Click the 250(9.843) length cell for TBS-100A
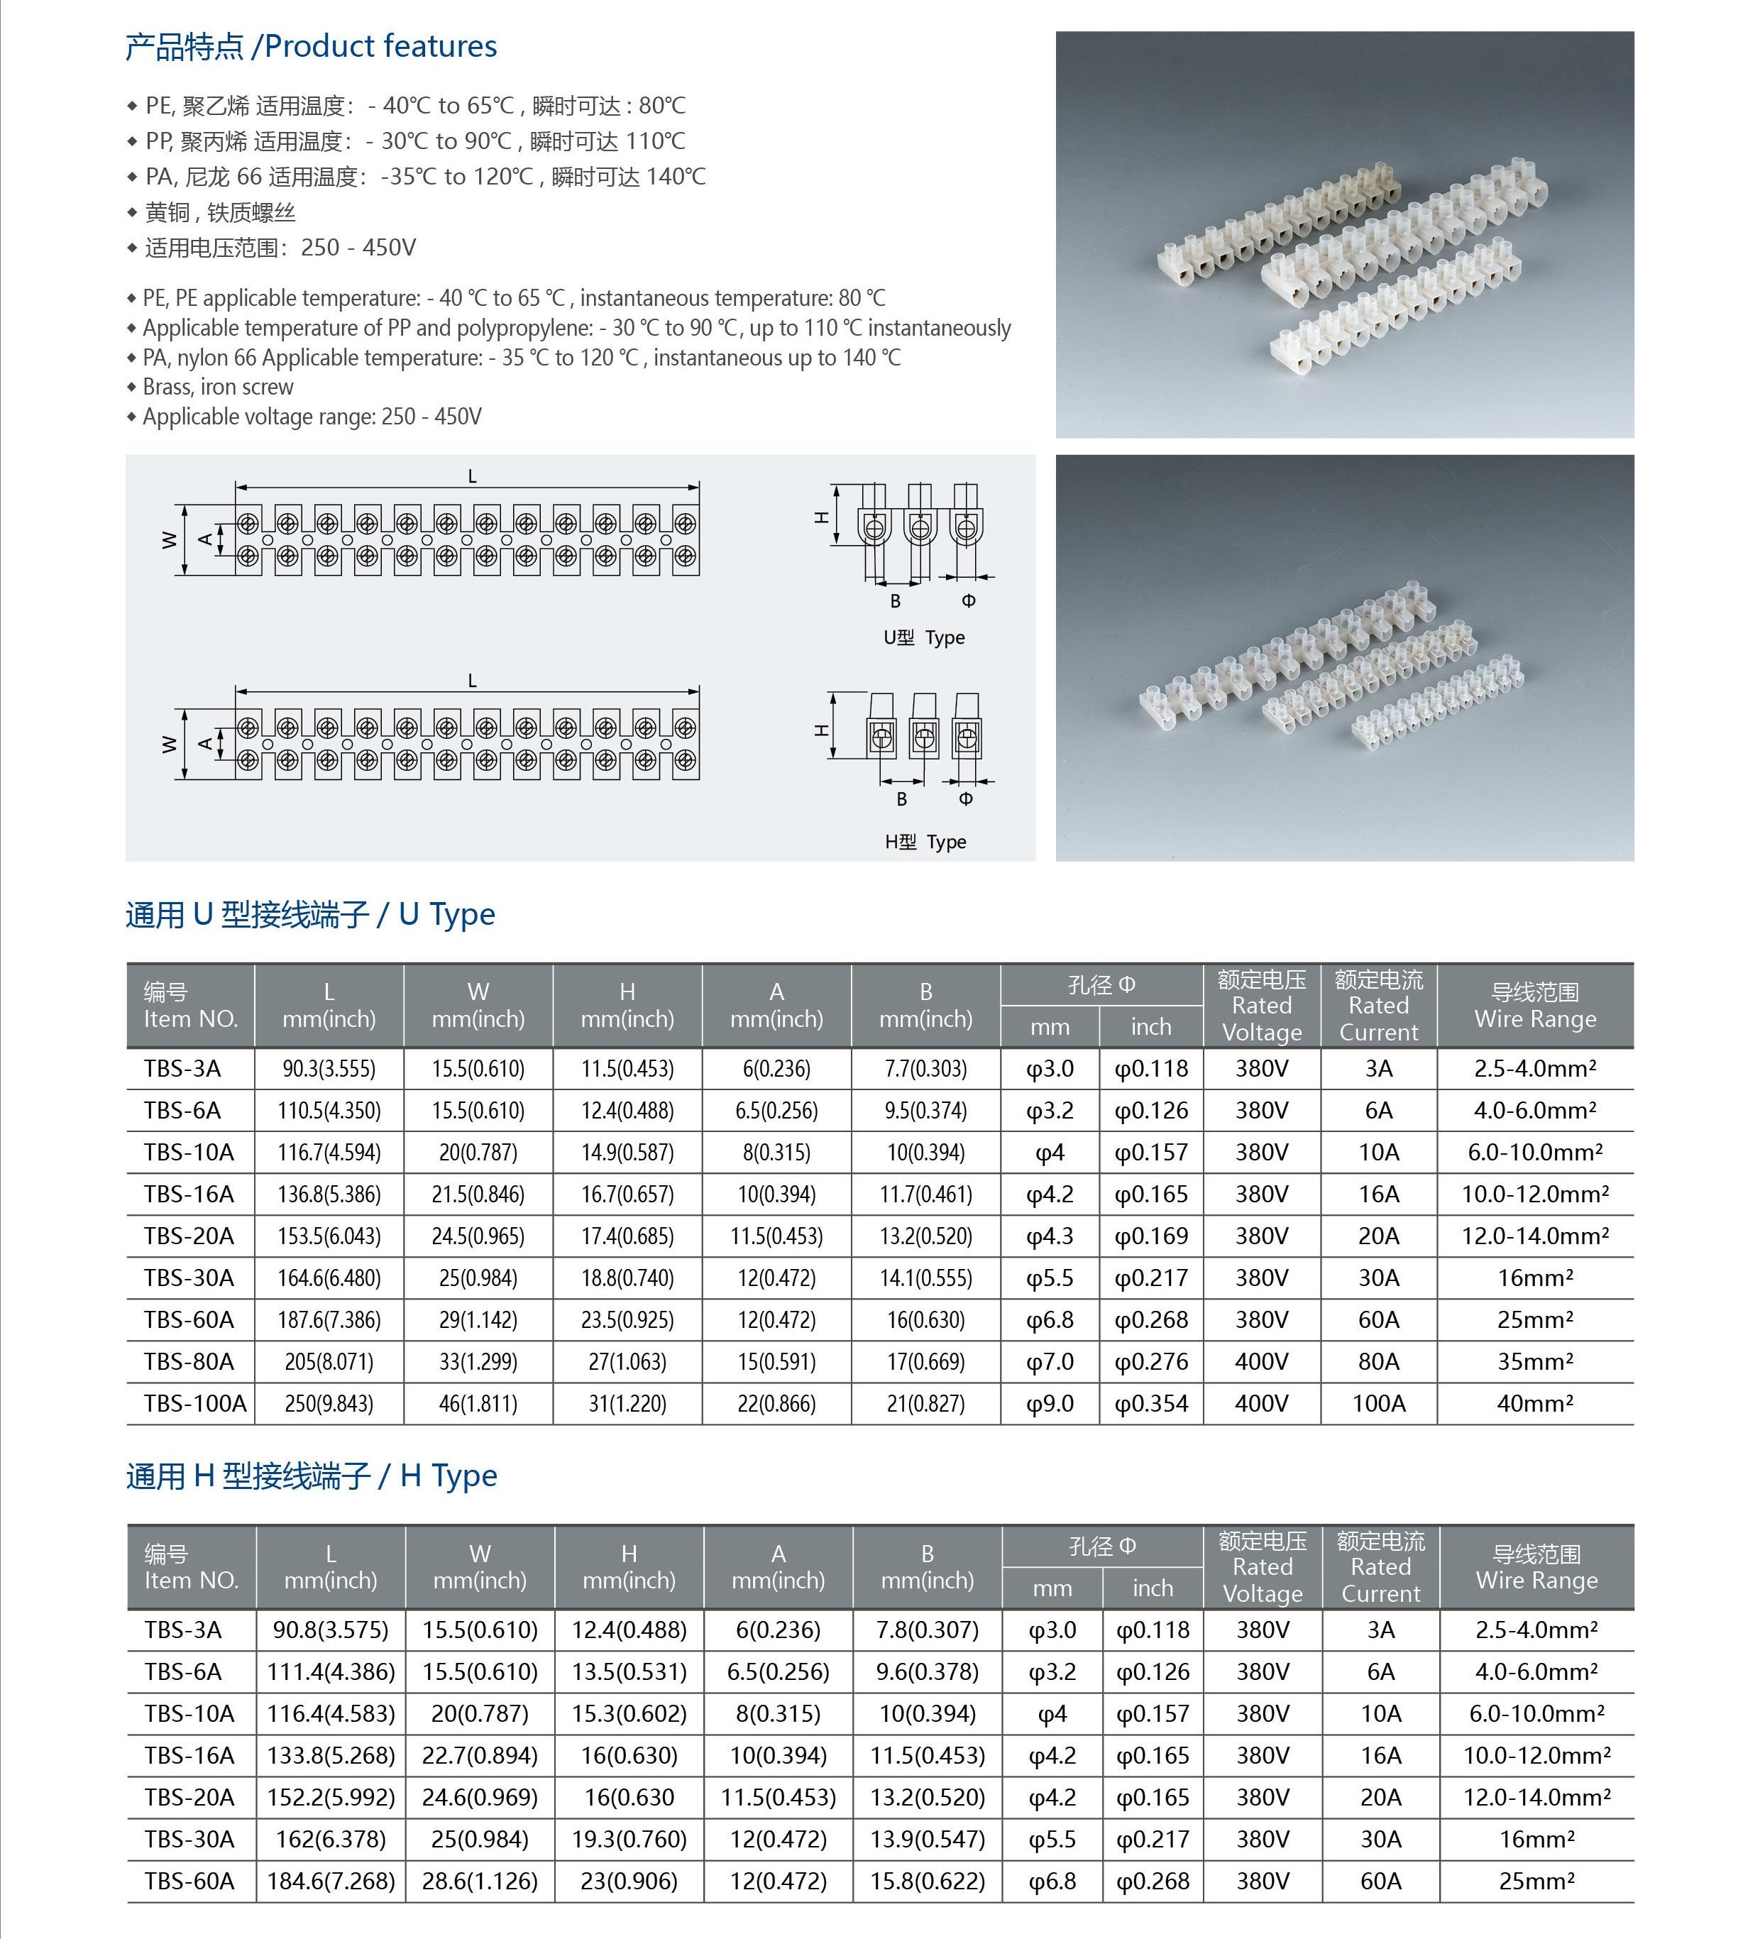point(329,1403)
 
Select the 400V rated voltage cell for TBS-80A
point(1261,1362)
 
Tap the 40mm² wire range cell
point(1535,1403)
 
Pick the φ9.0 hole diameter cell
point(1050,1403)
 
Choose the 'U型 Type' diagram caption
point(923,637)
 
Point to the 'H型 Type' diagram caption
point(925,842)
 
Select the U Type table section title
point(309,913)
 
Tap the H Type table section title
point(312,1476)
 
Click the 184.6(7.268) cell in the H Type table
point(331,1880)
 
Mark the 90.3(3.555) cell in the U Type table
point(329,1069)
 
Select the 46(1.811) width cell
point(478,1403)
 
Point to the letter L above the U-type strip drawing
point(472,476)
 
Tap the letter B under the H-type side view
point(901,799)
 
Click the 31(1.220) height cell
point(627,1403)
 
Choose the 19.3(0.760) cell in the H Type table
point(629,1839)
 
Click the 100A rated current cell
point(1378,1403)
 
